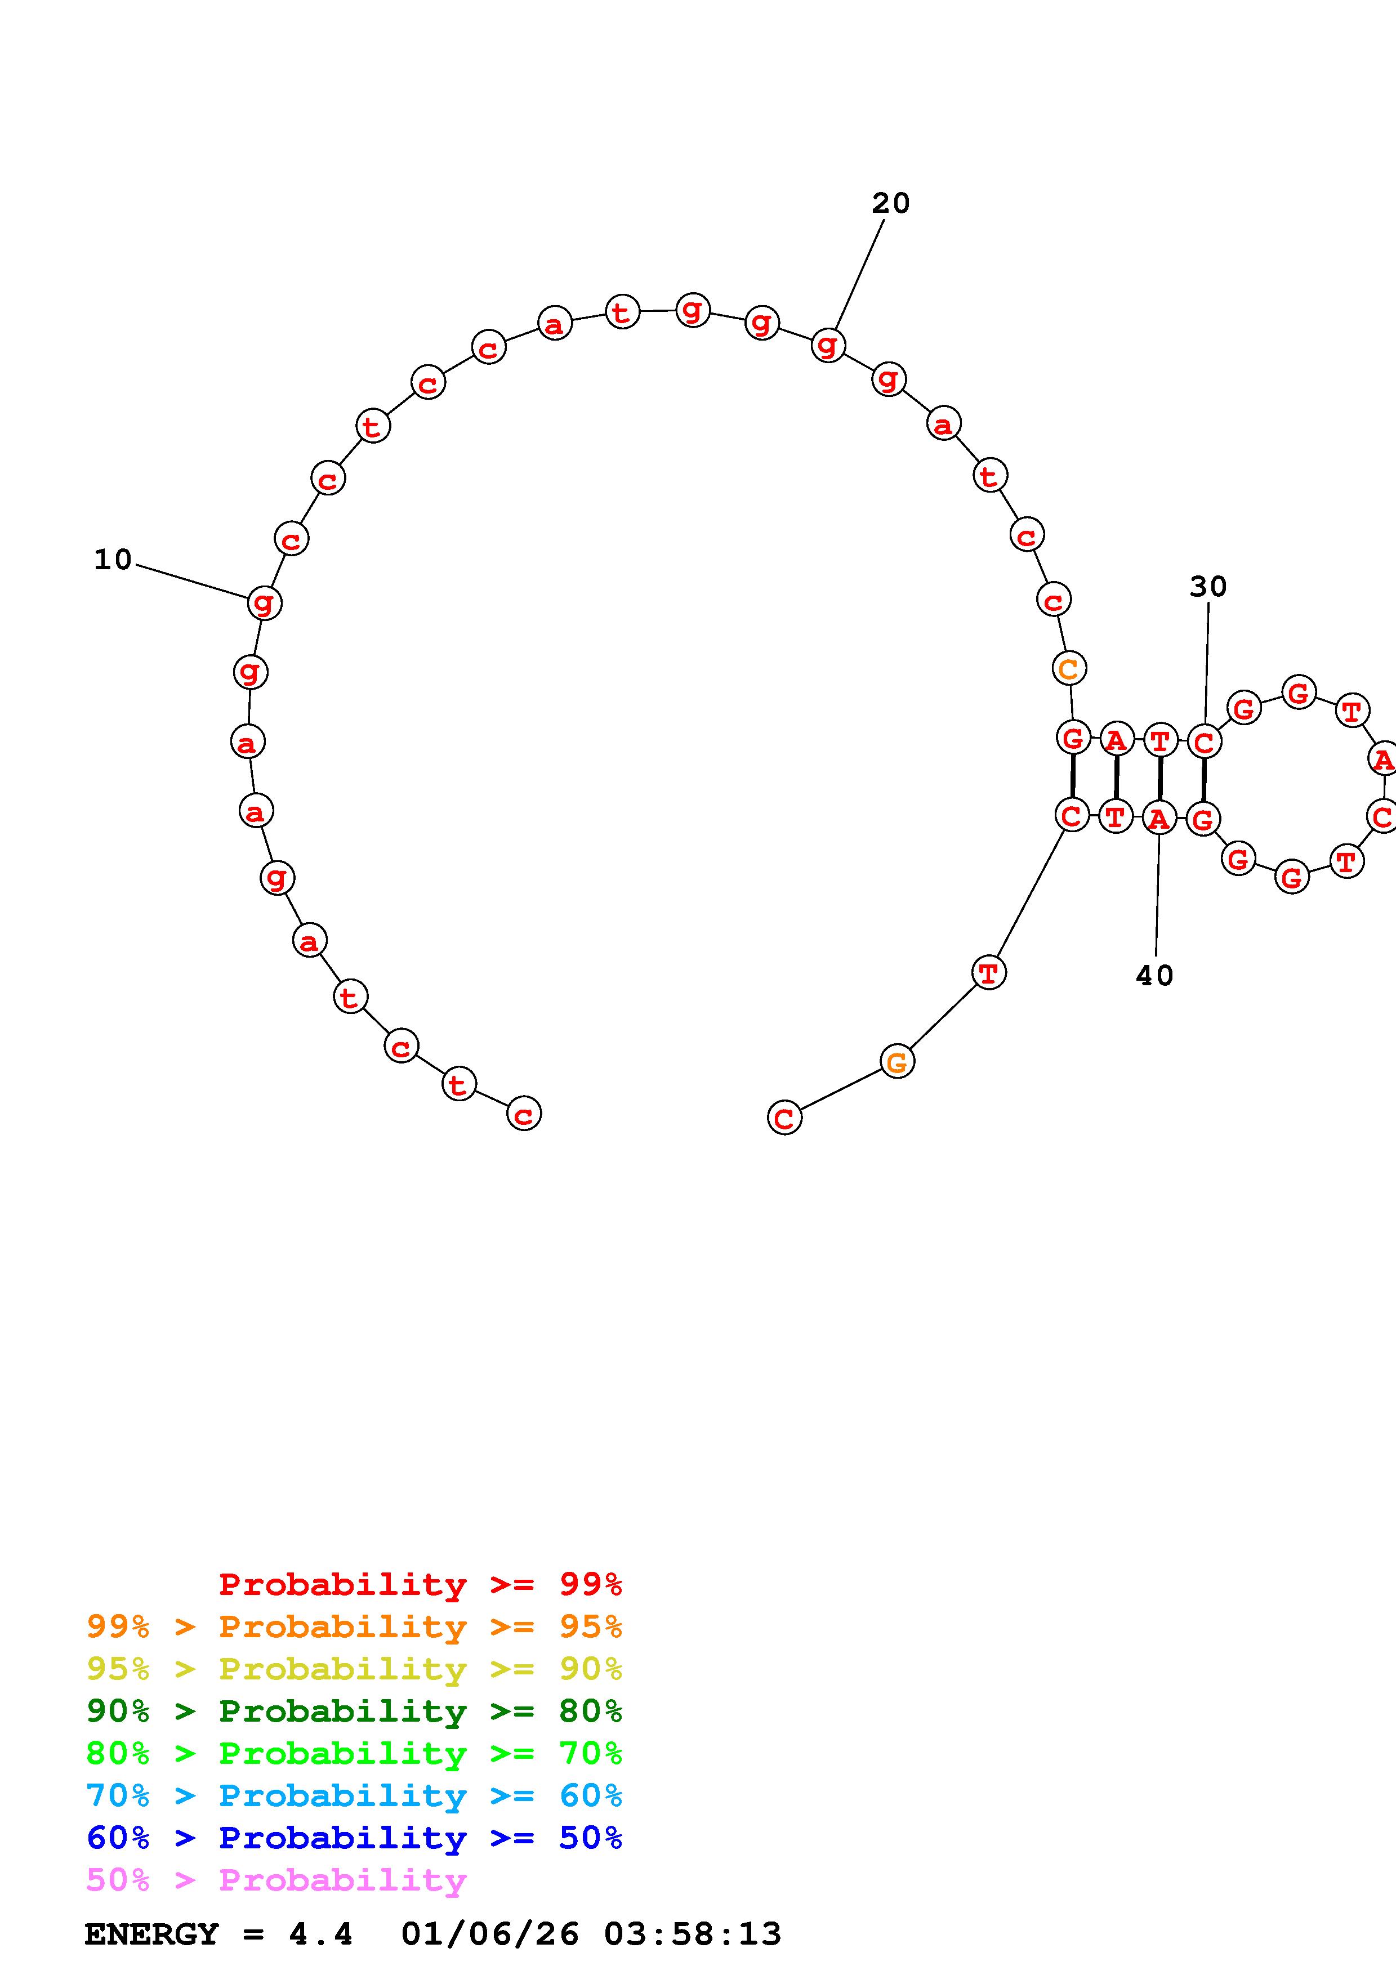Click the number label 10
pos(113,560)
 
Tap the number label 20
pos(890,203)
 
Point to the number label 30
pos(1207,587)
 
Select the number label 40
pos(1154,976)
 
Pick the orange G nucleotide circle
pos(897,1062)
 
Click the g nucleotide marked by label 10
pos(264,603)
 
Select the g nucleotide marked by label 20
pos(827,345)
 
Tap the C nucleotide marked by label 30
pos(1204,741)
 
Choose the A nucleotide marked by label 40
pos(1158,818)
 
